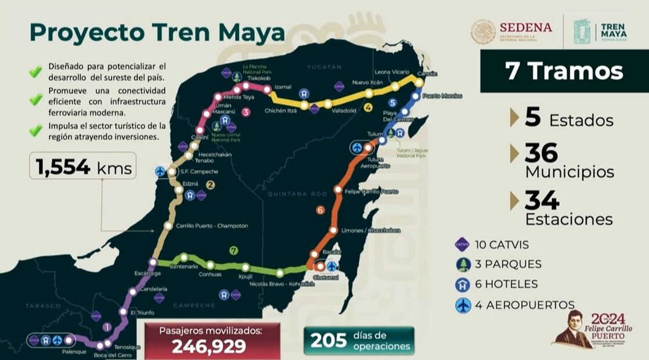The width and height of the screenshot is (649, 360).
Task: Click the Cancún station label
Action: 427,74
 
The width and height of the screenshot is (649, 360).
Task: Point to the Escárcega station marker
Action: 153,262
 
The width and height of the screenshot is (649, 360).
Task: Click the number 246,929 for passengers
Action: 209,346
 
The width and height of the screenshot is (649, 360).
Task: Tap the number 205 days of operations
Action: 328,340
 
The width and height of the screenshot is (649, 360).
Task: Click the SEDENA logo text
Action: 525,27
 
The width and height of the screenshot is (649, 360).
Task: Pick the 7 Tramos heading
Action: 564,71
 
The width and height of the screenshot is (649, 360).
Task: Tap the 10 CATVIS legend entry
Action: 500,245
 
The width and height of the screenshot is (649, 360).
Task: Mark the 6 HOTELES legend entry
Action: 504,285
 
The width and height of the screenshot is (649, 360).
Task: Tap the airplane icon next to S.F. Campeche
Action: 161,171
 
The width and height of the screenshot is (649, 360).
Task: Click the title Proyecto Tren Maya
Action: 157,33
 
